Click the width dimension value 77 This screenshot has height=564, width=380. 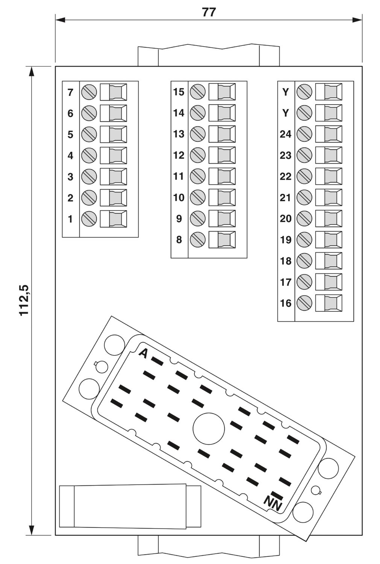pos(209,12)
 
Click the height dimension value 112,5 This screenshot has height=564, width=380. pos(24,300)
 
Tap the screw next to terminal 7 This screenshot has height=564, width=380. pos(89,92)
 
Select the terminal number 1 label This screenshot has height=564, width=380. pos(70,219)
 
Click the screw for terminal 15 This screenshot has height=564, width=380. pos(198,92)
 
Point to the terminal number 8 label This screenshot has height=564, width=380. pos(179,240)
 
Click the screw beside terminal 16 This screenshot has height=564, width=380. pos(304,303)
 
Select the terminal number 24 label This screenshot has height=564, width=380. pos(285,134)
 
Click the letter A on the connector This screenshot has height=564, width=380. pos(143,353)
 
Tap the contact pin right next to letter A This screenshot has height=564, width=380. pos(157,361)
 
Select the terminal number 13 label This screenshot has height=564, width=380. pos(179,134)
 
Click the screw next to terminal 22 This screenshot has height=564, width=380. pos(304,176)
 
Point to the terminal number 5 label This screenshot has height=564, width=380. pos(70,135)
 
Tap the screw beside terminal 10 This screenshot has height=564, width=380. pos(198,197)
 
